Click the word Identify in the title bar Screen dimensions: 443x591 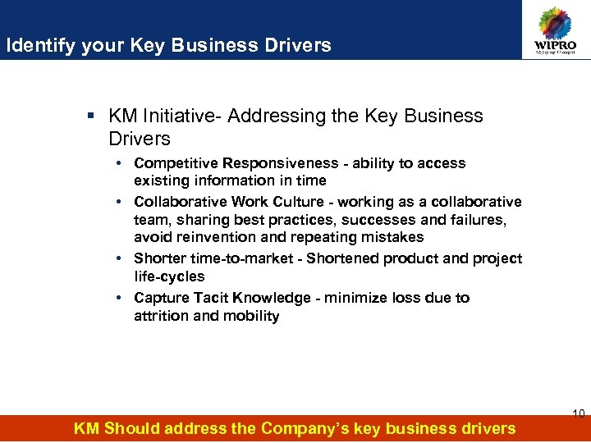click(40, 46)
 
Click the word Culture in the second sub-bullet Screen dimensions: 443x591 click(297, 202)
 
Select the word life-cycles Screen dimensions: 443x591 click(170, 276)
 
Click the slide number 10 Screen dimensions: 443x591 click(578, 413)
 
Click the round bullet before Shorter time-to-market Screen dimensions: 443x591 click(120, 258)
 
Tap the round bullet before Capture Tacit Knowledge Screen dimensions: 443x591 click(120, 298)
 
